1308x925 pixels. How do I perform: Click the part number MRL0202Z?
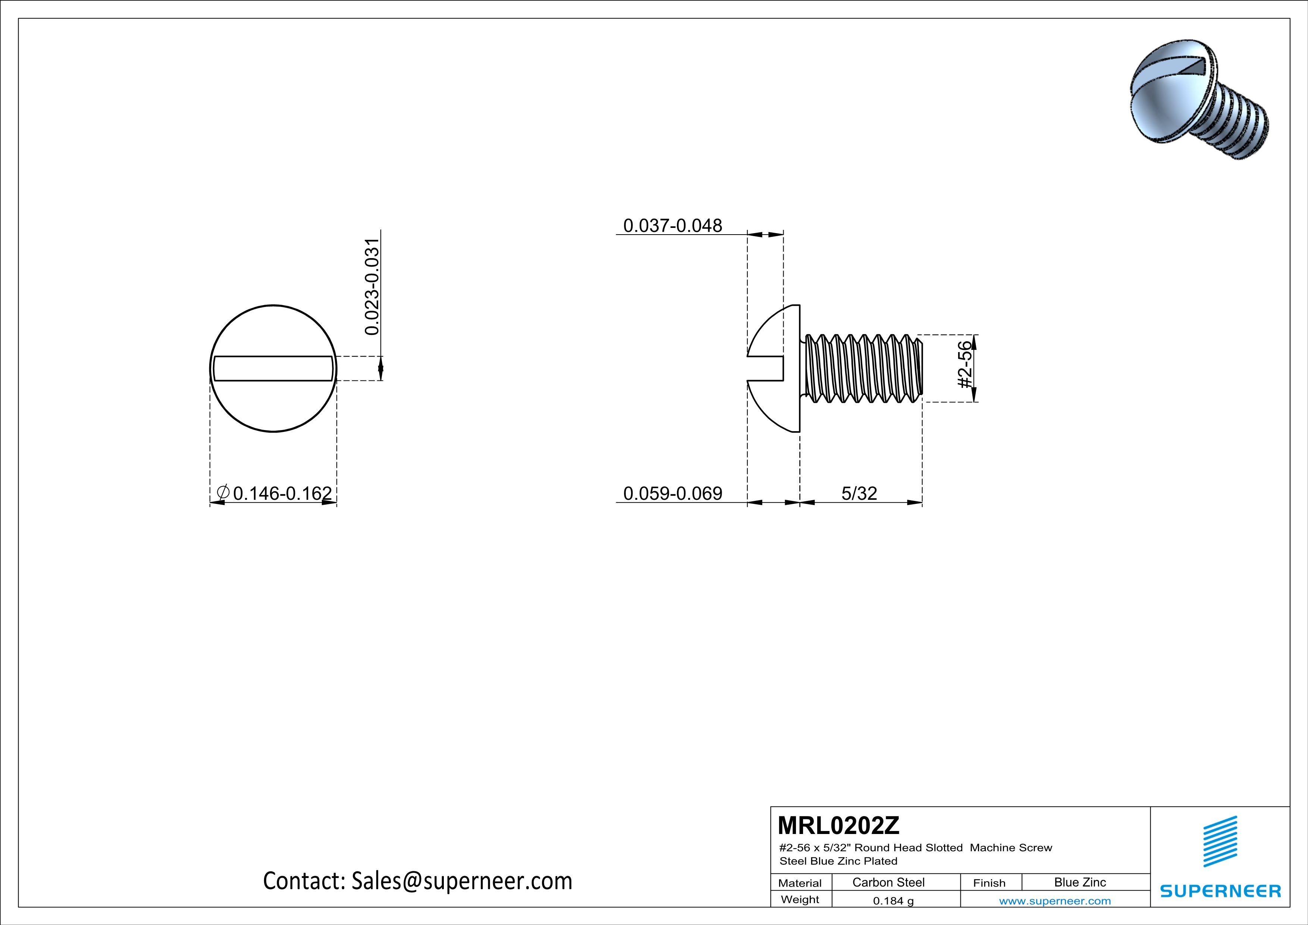(x=838, y=825)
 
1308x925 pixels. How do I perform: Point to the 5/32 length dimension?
(x=859, y=493)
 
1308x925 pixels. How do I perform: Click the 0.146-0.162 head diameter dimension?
(x=282, y=493)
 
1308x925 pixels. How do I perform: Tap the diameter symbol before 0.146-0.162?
(x=223, y=492)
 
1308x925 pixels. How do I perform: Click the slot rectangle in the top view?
(x=273, y=369)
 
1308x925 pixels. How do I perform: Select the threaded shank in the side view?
(x=863, y=369)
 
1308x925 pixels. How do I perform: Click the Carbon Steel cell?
(x=888, y=882)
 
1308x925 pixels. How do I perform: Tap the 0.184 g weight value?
(x=893, y=900)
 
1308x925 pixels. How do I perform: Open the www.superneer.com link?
(x=1054, y=900)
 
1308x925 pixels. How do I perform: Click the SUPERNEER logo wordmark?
(x=1220, y=891)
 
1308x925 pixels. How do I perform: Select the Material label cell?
(x=800, y=883)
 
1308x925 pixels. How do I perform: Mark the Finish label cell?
(x=989, y=883)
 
